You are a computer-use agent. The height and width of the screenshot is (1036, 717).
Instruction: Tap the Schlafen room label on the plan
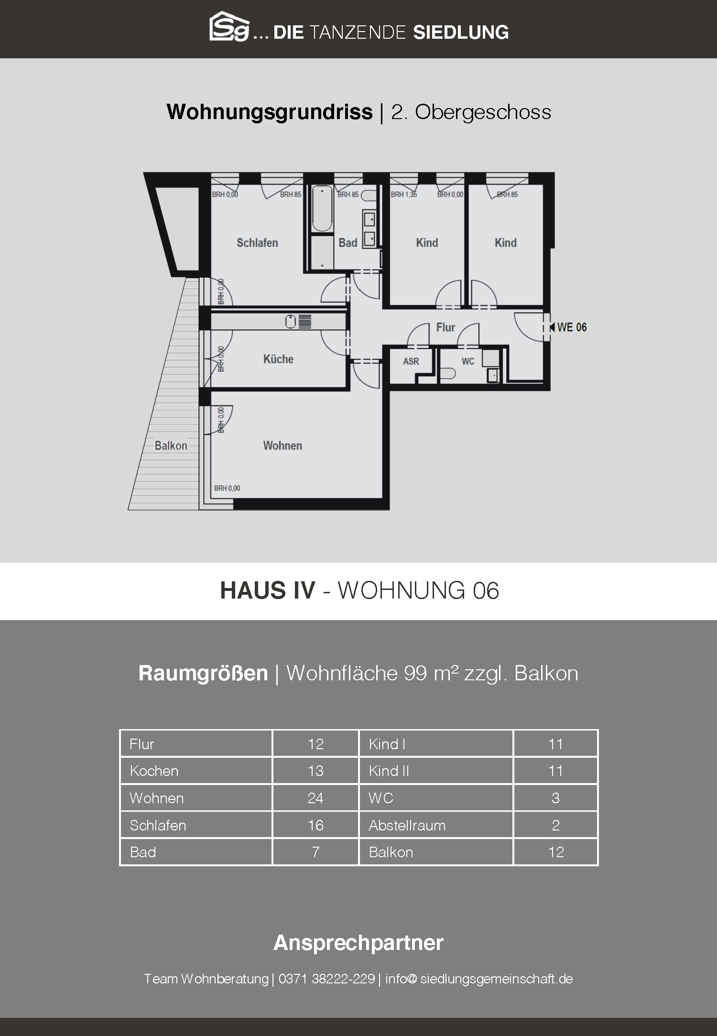point(257,243)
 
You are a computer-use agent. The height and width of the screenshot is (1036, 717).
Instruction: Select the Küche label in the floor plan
point(278,359)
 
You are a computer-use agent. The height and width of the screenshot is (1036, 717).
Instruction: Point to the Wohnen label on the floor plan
point(282,446)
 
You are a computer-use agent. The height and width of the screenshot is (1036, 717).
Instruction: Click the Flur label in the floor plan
point(445,327)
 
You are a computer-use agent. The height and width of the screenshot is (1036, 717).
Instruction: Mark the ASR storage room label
point(411,361)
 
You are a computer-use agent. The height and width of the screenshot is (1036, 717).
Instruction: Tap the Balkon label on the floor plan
point(171,446)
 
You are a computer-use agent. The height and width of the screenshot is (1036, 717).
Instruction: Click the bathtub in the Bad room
point(322,209)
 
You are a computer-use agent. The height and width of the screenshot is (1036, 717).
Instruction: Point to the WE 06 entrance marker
point(568,327)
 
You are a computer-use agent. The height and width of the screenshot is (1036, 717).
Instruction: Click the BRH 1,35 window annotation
point(404,195)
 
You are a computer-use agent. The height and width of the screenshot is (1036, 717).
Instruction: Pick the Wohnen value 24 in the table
point(315,798)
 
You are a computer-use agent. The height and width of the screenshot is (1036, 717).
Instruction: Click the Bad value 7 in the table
point(315,852)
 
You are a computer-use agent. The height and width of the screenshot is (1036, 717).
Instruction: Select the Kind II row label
point(389,771)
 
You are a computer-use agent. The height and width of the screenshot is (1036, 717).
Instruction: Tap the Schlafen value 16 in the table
point(315,825)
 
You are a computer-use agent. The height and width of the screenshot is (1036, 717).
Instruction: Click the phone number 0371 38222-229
point(326,979)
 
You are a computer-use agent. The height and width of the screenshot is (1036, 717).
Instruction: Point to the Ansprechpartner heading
point(358,942)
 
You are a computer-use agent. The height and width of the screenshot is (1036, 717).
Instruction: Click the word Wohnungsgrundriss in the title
point(270,112)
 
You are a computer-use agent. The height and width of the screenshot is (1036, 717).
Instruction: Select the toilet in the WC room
point(447,373)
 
